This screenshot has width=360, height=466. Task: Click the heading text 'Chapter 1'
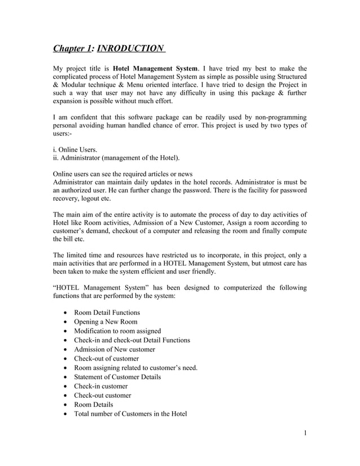tap(72, 49)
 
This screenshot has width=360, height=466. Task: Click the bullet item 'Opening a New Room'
tap(106, 322)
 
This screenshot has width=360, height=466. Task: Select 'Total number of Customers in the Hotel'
tap(130, 414)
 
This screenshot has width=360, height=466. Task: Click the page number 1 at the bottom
tap(305, 433)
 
